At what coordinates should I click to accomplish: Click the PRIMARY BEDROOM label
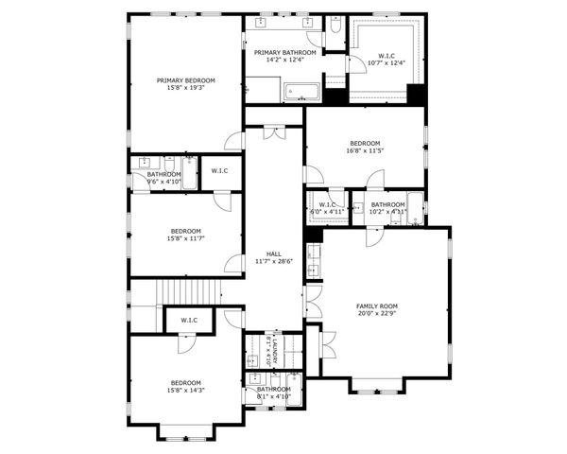point(185,80)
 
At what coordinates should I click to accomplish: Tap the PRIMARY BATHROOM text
point(284,52)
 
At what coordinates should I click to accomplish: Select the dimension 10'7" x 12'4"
point(386,63)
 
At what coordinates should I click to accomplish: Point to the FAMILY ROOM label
point(376,306)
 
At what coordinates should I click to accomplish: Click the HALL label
point(273,253)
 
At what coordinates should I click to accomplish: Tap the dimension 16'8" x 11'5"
point(365,150)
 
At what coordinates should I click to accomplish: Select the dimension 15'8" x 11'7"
point(185,238)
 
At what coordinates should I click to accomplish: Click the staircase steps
point(189,292)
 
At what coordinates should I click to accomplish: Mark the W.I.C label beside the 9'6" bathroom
point(219,170)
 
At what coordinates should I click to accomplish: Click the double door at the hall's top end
point(274,133)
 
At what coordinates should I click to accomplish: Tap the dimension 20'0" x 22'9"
point(376,313)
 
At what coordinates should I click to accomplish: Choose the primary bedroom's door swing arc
point(233,141)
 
